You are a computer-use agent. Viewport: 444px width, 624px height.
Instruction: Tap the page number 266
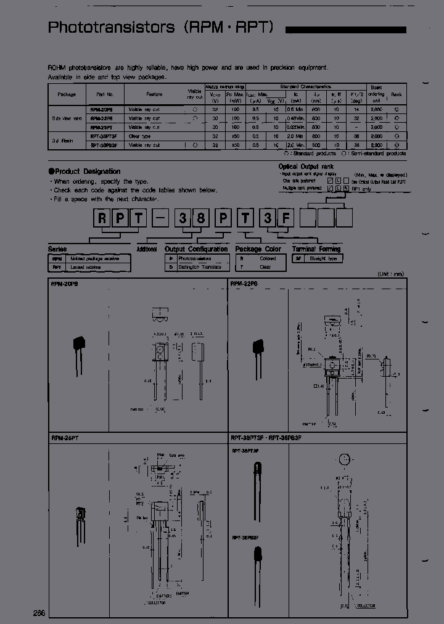coord(39,612)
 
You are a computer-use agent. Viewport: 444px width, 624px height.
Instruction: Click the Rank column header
coord(396,94)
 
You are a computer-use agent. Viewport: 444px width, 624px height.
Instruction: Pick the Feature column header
coord(154,94)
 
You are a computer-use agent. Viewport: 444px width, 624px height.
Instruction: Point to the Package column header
coord(66,94)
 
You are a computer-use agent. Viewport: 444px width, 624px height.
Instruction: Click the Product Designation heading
coord(87,171)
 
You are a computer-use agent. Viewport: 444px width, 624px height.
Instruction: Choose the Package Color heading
coord(258,249)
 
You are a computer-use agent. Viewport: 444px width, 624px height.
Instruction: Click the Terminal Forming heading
coord(316,249)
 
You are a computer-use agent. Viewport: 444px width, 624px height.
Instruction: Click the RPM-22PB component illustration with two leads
coord(255,351)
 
